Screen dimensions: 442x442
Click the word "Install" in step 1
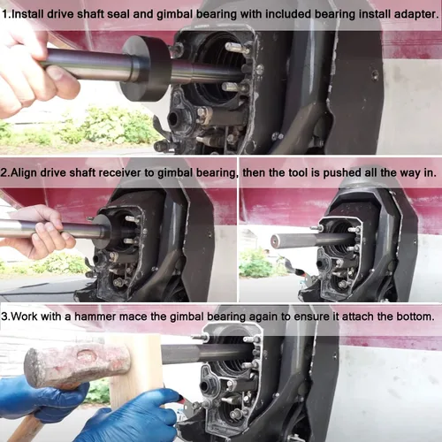pyautogui.click(x=27, y=14)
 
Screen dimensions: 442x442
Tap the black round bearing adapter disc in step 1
pyautogui.click(x=147, y=68)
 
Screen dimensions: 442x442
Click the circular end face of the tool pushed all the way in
pyautogui.click(x=276, y=241)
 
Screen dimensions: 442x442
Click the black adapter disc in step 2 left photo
pyautogui.click(x=101, y=232)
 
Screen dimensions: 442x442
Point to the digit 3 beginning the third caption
pyautogui.click(x=4, y=316)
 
